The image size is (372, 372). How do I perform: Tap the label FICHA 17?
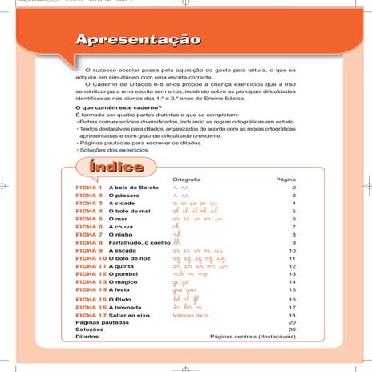pos(91,315)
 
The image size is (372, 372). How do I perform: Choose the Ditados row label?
pos(86,338)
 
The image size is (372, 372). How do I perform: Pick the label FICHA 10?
pos(91,259)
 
